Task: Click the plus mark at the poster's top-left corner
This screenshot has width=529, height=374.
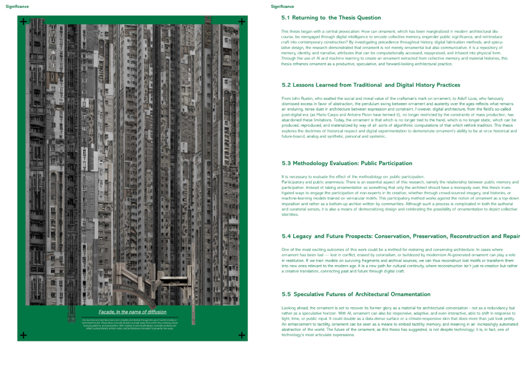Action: click(x=23, y=22)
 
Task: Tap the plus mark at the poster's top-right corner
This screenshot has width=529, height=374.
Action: click(x=241, y=22)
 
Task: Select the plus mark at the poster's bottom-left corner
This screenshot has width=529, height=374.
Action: click(x=23, y=335)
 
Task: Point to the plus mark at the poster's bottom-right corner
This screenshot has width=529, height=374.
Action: click(x=241, y=335)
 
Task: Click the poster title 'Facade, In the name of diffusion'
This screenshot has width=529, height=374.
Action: click(x=133, y=312)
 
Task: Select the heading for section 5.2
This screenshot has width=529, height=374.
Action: click(x=371, y=85)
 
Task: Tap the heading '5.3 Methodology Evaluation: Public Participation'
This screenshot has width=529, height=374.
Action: click(x=347, y=163)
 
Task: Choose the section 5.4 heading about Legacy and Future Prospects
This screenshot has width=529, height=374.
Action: click(x=401, y=236)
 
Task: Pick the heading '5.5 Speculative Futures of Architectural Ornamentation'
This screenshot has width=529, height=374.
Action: click(x=356, y=294)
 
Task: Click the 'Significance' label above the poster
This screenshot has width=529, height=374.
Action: click(x=17, y=6)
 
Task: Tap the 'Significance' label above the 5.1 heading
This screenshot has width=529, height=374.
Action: click(x=282, y=6)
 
